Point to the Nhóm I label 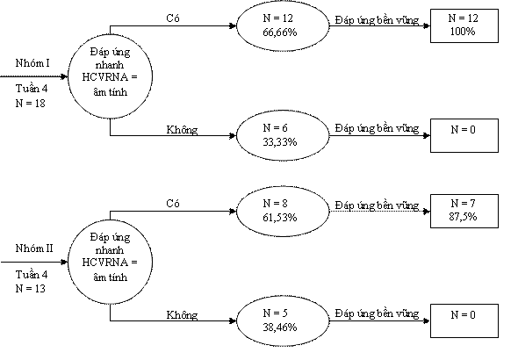(32, 62)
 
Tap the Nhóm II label (34, 248)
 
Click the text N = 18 (30, 104)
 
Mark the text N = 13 (30, 289)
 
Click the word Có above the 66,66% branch (173, 18)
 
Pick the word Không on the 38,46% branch (182, 314)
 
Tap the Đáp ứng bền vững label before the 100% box (377, 20)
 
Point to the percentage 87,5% (463, 217)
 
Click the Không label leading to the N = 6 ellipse (182, 129)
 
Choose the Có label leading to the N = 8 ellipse (173, 203)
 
